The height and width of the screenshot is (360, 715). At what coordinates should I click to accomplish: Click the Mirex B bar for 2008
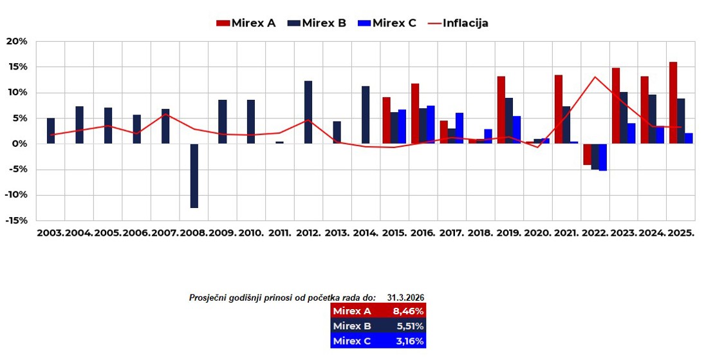coord(194,175)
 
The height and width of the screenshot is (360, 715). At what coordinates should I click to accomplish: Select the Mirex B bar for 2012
coord(308,112)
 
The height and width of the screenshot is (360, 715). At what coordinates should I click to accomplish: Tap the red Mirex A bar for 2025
coord(673,103)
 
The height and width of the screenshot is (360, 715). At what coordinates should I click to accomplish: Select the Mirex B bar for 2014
coord(366,115)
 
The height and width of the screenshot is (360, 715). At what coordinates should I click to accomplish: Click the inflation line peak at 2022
coord(595,77)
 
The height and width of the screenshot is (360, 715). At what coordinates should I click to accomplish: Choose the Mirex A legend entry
coord(246,23)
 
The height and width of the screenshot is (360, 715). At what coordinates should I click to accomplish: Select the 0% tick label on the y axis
coord(19,144)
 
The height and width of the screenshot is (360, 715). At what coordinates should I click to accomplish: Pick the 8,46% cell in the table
coord(408,311)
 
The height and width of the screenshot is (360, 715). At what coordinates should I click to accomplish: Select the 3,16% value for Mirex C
coord(408,341)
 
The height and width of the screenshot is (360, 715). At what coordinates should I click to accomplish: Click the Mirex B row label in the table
coord(352,326)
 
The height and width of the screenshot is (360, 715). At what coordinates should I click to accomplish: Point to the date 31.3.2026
coord(405,298)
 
